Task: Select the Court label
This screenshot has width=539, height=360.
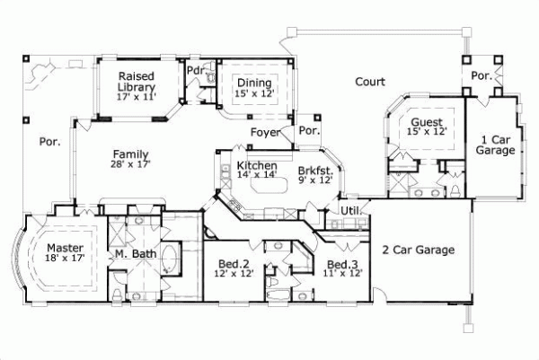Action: [x=369, y=82]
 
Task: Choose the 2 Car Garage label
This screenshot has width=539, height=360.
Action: [x=419, y=250]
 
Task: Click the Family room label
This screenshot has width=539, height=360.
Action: [x=131, y=154]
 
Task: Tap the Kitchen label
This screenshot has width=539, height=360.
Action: [x=256, y=167]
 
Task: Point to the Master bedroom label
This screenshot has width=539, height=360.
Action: [x=65, y=248]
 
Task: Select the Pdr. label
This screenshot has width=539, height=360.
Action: [x=195, y=70]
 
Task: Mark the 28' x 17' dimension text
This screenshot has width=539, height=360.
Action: [x=131, y=164]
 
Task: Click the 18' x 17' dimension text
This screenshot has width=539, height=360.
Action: [x=65, y=259]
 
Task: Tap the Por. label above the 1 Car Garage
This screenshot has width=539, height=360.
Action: [x=482, y=75]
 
